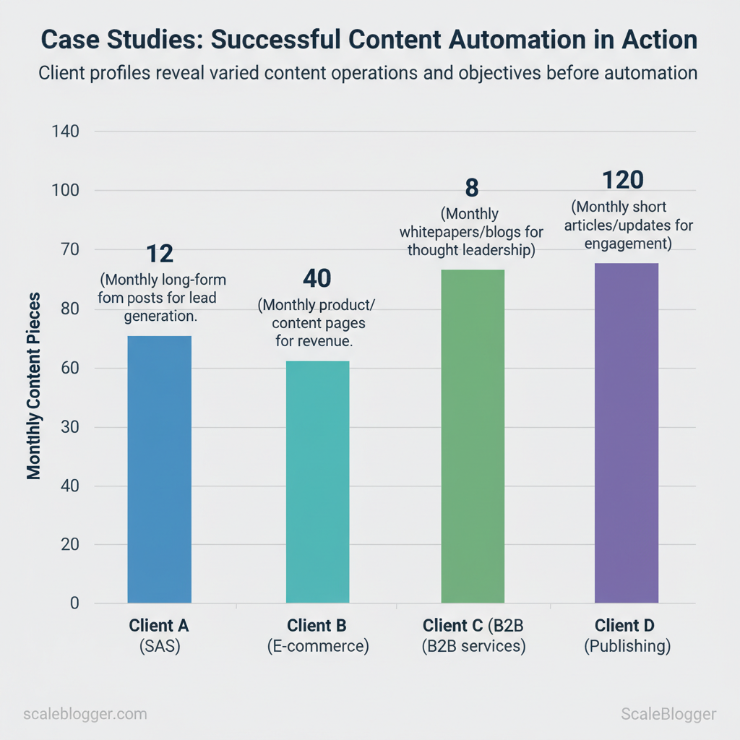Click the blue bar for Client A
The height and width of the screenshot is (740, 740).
159,470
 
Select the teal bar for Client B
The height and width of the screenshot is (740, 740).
317,482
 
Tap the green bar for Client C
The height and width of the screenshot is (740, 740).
473,436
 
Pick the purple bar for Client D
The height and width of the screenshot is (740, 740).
627,433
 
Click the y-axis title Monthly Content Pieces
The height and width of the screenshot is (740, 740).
34,386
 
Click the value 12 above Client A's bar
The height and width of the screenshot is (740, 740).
160,254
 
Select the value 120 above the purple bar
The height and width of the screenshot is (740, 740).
622,179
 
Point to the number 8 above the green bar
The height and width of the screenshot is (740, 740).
471,188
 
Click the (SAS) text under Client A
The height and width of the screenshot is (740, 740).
159,646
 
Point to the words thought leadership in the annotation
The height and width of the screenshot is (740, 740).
471,251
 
